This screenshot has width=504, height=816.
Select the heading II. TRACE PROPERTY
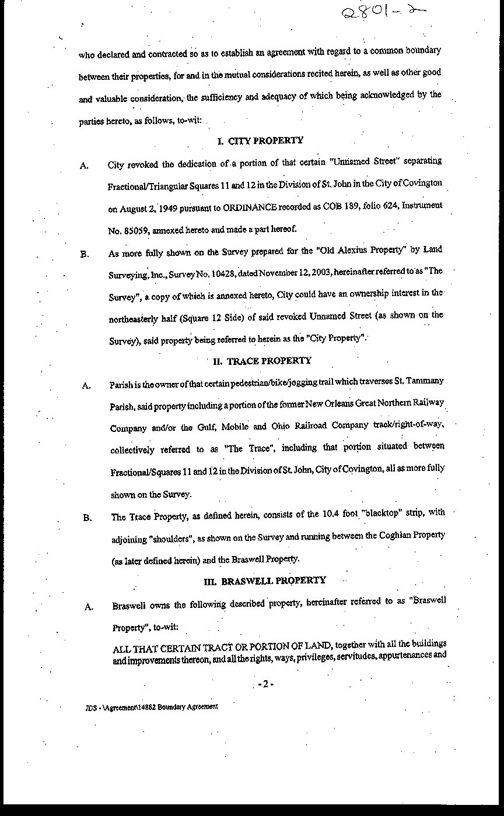click(x=262, y=361)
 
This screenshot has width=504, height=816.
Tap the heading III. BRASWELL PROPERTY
click(x=264, y=581)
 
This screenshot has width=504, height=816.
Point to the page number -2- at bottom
click(x=265, y=684)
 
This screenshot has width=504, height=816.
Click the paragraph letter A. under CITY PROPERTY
click(x=85, y=166)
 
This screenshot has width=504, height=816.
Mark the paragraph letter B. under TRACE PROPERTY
click(x=87, y=518)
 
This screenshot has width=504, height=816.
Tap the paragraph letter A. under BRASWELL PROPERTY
click(x=89, y=607)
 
